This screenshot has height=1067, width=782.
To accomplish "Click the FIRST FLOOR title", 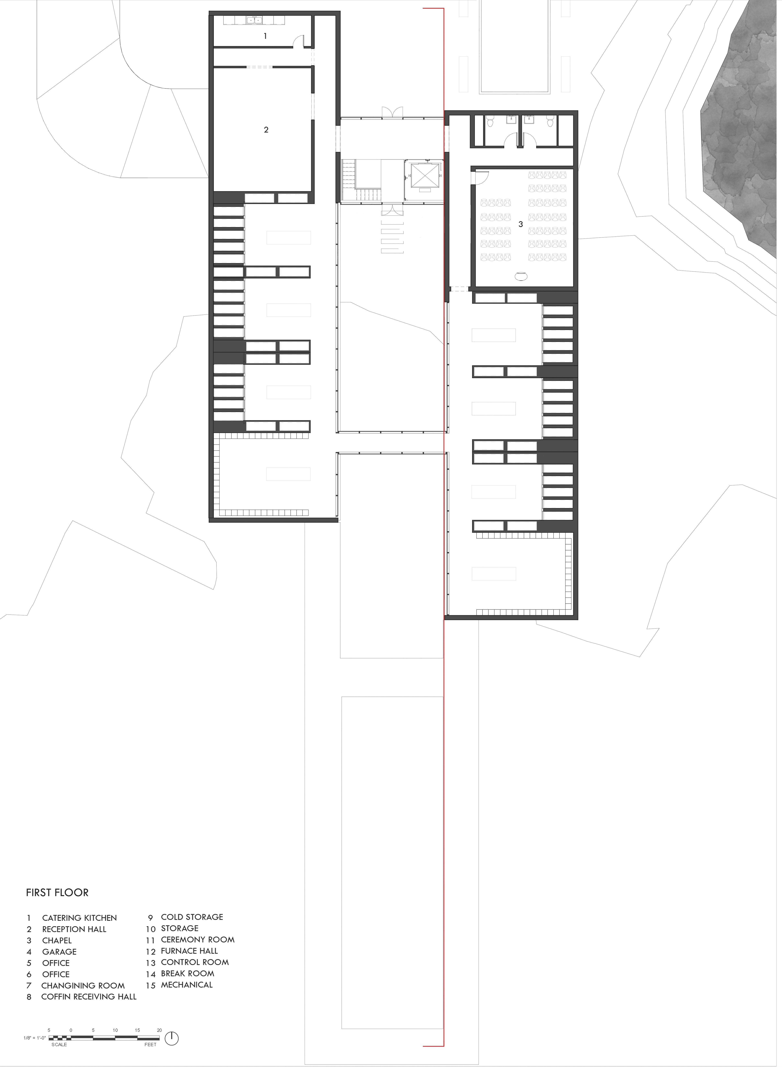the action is click(57, 893).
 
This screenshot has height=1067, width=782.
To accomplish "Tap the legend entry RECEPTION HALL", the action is click(74, 929).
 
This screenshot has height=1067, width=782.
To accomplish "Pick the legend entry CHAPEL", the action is click(57, 940).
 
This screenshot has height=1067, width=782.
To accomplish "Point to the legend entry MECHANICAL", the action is click(187, 985).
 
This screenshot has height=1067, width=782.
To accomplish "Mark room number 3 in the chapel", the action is click(521, 224).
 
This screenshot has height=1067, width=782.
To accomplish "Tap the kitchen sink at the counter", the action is click(254, 20).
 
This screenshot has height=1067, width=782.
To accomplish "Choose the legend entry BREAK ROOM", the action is click(187, 974).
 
